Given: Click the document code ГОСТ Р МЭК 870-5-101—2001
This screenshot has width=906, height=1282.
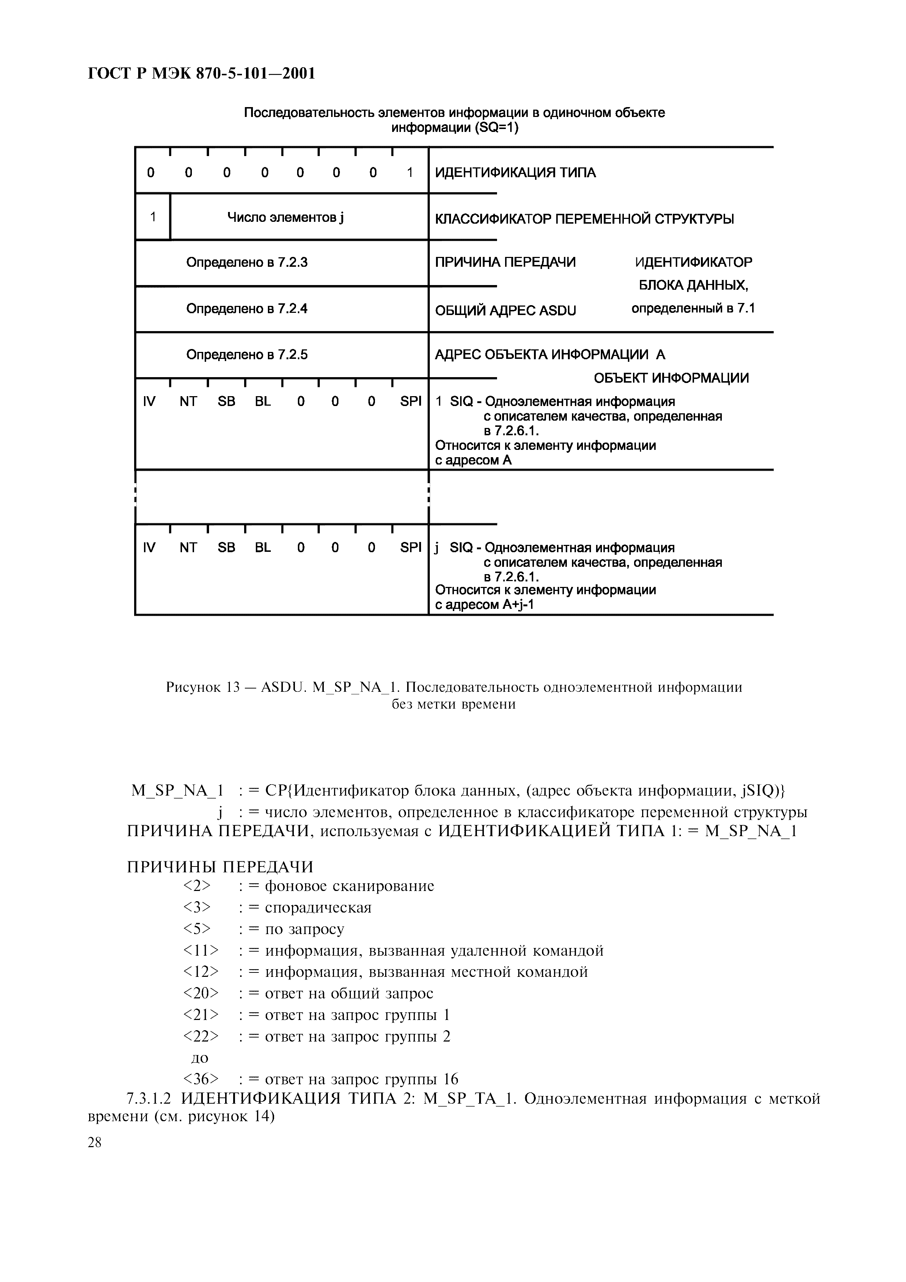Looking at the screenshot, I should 201,73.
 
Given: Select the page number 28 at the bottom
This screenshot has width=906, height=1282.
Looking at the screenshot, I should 95,1142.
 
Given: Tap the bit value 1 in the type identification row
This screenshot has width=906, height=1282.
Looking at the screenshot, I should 410,172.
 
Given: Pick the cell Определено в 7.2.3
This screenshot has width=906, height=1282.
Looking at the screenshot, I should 247,262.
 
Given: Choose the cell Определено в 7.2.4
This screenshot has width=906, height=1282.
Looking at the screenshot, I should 247,309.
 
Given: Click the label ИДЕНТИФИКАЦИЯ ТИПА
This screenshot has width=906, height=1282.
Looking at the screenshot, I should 515,172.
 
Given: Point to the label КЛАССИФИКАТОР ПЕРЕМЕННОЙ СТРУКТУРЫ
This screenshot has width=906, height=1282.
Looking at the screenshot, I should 584,219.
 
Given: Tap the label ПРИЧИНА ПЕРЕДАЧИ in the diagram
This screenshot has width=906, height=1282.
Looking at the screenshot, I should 505,262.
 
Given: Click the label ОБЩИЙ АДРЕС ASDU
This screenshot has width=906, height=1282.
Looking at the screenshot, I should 505,310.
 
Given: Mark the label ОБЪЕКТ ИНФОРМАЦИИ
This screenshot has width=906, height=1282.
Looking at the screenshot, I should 671,378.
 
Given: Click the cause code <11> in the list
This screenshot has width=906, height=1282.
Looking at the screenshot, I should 200,950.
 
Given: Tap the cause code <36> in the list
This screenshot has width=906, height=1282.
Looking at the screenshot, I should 200,1079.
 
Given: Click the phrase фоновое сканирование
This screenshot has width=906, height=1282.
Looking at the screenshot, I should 349,886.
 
